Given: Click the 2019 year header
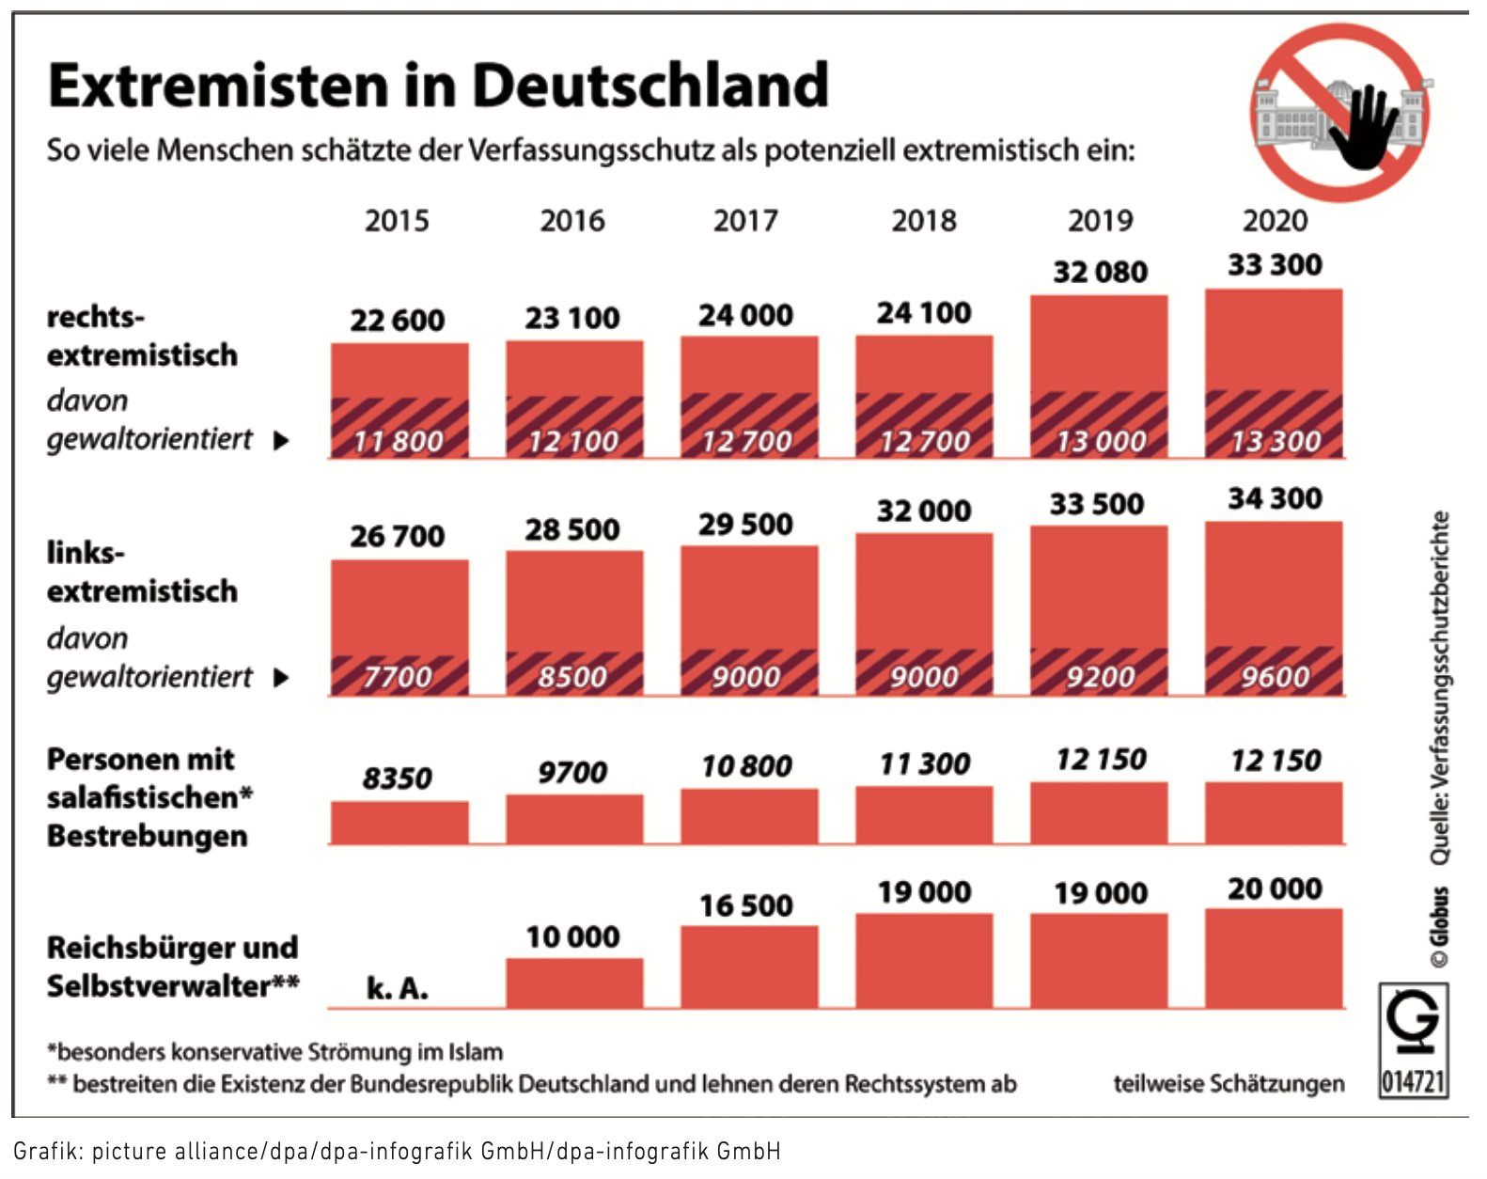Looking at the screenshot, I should [1100, 221].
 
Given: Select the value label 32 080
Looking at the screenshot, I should [1100, 272].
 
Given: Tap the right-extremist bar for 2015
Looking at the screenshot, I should [399, 371].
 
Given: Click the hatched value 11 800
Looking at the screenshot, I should [398, 441].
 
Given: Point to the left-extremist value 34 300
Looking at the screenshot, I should [1275, 498].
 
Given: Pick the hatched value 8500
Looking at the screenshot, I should [572, 677].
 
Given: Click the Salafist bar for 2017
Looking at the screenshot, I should [749, 816].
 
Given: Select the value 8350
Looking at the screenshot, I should [398, 778].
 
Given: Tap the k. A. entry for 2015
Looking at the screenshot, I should [398, 988].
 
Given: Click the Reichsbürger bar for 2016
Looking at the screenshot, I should [574, 983].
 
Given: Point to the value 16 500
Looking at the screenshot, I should [746, 905].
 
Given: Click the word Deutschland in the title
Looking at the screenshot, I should [650, 86].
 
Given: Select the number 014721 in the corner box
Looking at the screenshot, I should [1413, 1081].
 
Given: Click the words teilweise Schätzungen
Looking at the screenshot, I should [1229, 1084].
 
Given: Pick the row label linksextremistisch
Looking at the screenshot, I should [141, 572].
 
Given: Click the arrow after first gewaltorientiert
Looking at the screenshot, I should [280, 440].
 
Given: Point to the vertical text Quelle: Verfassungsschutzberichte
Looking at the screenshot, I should [1439, 686].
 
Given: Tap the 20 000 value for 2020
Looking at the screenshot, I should [1275, 888].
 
